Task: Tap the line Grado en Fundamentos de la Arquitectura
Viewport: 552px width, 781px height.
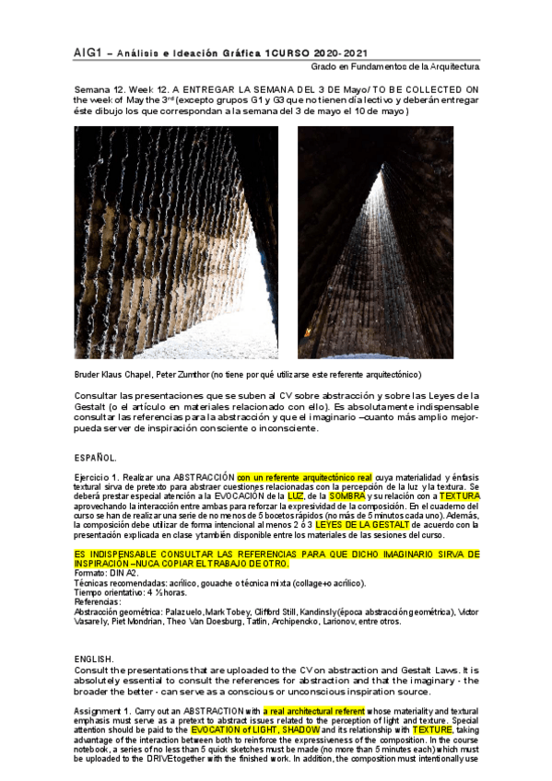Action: pyautogui.click(x=394, y=67)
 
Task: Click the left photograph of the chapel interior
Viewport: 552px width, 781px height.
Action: pyautogui.click(x=174, y=241)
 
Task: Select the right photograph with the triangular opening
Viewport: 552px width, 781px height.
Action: pyautogui.click(x=375, y=241)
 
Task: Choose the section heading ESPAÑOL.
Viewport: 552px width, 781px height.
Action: pyautogui.click(x=95, y=457)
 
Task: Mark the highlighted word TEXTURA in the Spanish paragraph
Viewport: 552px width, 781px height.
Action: pyautogui.click(x=459, y=495)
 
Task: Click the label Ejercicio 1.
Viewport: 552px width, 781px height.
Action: pyautogui.click(x=97, y=476)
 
